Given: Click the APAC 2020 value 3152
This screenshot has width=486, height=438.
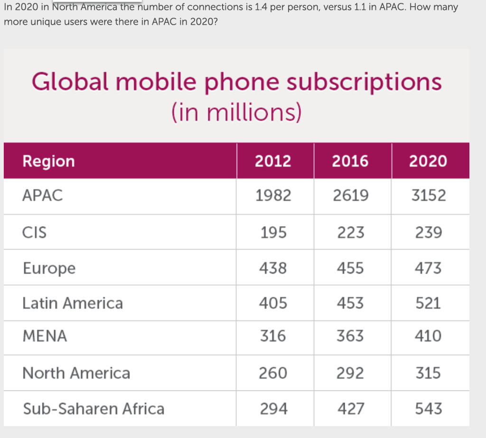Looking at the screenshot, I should click(x=428, y=196).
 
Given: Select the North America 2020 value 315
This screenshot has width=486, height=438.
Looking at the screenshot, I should click(x=428, y=373).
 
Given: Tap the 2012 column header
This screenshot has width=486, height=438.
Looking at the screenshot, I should click(x=273, y=161).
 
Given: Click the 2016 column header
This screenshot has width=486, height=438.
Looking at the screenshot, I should click(x=350, y=161).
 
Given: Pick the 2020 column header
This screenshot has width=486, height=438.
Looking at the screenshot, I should click(x=428, y=161).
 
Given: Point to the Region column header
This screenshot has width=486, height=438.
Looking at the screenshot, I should click(x=48, y=162).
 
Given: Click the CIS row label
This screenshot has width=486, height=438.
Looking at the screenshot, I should click(x=35, y=232).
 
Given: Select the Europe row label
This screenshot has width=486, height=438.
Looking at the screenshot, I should click(x=49, y=268).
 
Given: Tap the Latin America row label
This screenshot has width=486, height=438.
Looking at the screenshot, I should click(x=73, y=303).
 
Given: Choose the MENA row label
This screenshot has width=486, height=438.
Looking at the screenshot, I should click(x=45, y=336).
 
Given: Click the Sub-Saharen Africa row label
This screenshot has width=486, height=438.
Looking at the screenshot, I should click(x=93, y=409).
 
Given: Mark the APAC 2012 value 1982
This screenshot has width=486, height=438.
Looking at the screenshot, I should click(x=273, y=196).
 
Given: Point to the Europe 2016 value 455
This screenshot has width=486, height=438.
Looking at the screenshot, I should click(x=350, y=268).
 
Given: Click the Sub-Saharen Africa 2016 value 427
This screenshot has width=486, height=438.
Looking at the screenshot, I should click(x=350, y=409).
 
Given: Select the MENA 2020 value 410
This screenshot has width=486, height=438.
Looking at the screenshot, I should click(x=428, y=336).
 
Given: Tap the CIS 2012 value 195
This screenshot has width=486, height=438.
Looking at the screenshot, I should click(x=273, y=232).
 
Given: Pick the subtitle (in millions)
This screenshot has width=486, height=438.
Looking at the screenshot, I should click(x=236, y=113).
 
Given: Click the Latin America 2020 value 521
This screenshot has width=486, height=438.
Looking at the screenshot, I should click(x=428, y=303).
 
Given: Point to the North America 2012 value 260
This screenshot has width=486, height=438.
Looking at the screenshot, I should click(x=273, y=373).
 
